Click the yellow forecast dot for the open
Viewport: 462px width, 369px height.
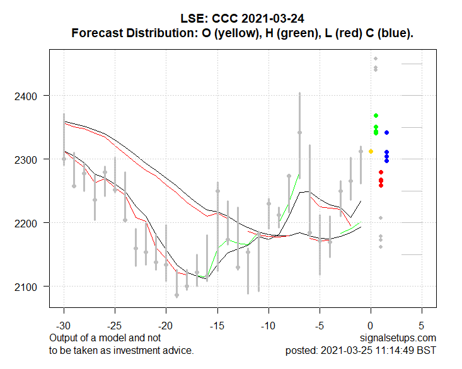371,151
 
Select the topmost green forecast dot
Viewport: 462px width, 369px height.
376,115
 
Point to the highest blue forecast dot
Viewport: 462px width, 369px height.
386,132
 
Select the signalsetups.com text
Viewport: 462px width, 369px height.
398,339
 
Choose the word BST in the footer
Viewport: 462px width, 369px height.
427,350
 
